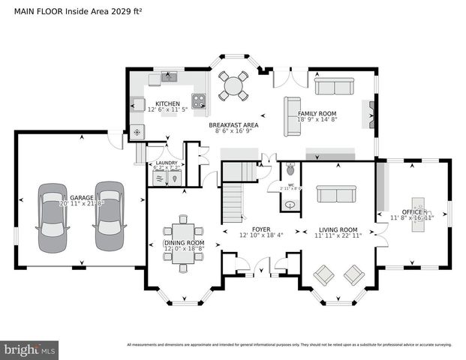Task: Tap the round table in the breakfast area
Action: click(234, 85)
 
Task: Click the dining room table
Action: click(183, 241)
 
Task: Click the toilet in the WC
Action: click(290, 171)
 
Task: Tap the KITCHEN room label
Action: click(167, 103)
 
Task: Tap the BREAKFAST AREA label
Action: click(233, 125)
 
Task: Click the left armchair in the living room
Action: click(324, 275)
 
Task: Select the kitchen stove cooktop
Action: click(200, 102)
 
